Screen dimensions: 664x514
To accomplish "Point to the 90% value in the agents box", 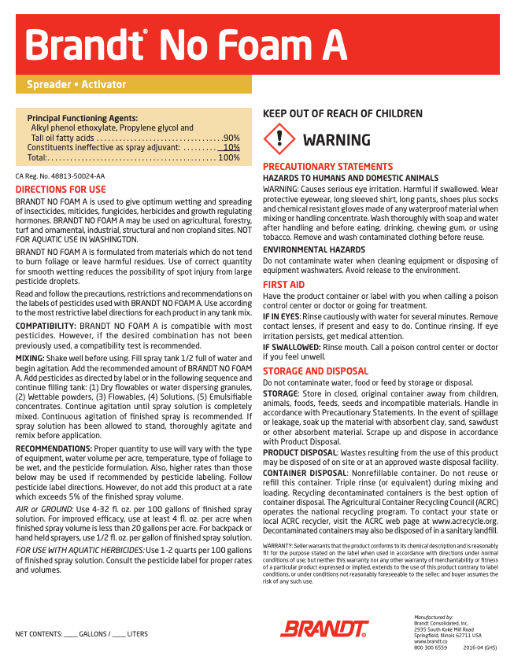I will coord(231,138).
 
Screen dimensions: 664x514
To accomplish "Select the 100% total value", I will coord(229,157).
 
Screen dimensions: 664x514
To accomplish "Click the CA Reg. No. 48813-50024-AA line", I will coord(60,176).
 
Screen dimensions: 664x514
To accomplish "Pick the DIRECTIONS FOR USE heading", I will coord(61,190).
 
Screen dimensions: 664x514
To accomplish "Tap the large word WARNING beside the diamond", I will coord(336,140).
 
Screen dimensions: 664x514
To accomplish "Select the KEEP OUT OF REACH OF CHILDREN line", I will coord(342,113).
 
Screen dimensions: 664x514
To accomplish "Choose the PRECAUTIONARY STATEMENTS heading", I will coord(327,167).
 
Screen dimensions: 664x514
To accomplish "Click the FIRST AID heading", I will coord(283,284).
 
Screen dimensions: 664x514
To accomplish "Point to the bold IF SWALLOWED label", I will coord(290,346).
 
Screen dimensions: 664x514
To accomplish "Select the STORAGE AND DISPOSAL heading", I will coord(315,371).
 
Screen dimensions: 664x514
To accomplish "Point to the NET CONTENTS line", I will coord(82,634).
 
